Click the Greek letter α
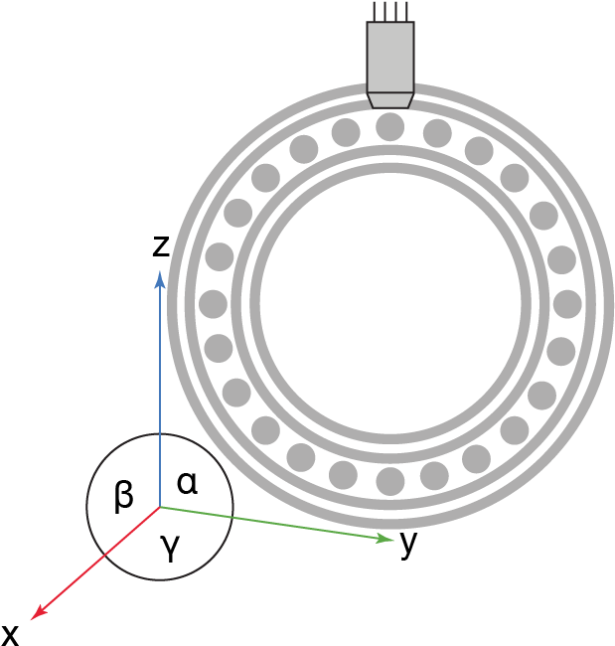(x=187, y=483)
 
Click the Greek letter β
(x=123, y=494)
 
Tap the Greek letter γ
(x=170, y=546)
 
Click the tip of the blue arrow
(x=159, y=272)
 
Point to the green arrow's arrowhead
(x=388, y=539)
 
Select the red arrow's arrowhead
(x=36, y=615)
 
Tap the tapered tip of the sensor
(x=390, y=100)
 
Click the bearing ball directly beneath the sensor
(x=390, y=127)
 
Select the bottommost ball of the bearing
(x=390, y=481)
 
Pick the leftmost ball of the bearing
(x=213, y=304)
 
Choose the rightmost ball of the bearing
(x=567, y=304)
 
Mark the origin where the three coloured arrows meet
(x=159, y=507)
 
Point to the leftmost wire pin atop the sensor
(x=375, y=11)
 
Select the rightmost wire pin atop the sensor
(x=407, y=11)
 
